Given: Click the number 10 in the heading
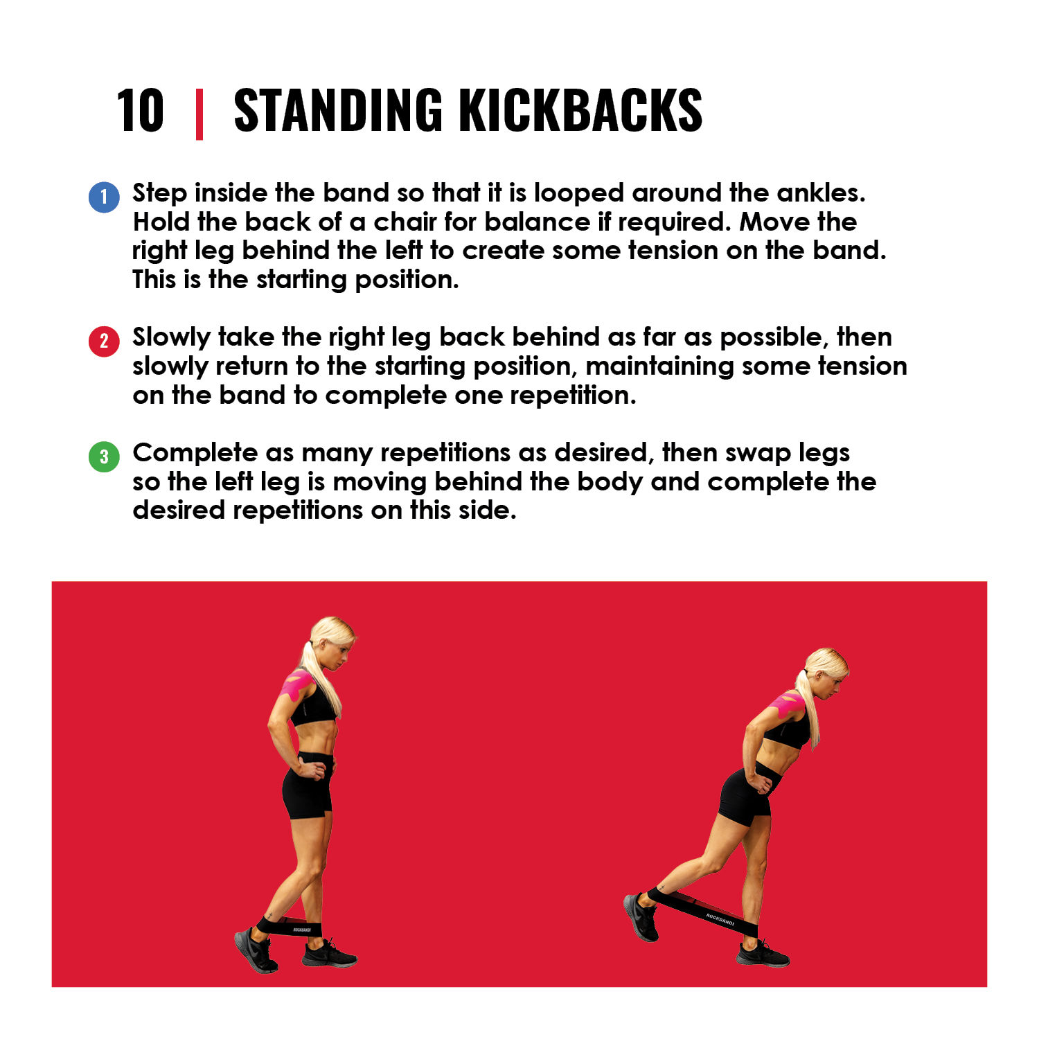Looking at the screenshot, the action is coord(140,111).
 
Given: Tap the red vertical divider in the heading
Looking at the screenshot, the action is coord(199,114).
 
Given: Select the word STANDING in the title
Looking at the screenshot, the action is coord(338,111).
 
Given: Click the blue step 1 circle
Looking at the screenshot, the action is coord(104,197).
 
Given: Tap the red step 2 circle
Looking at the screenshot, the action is coord(104,341).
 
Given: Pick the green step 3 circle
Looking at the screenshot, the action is coord(104,456).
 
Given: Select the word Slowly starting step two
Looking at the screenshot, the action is coord(172,338).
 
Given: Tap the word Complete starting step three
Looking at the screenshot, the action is coord(195,454).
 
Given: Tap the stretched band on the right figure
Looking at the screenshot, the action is coord(702,911).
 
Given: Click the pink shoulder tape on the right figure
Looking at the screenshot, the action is coord(788,703).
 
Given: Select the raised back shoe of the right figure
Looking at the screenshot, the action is coord(641,916).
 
